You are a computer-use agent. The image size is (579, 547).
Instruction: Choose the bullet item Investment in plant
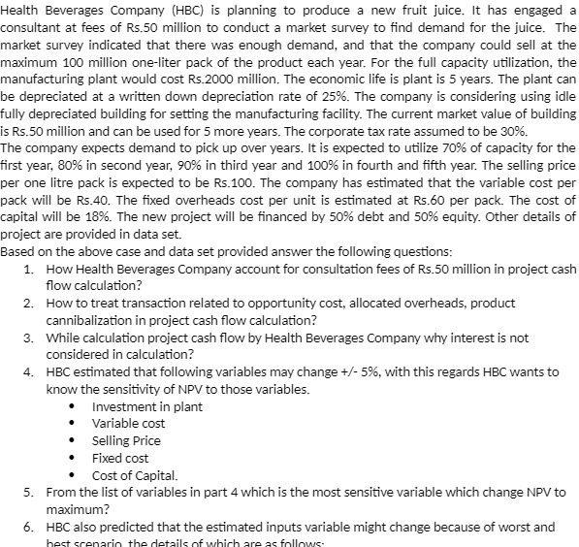(x=146, y=406)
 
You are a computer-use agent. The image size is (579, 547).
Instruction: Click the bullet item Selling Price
(x=126, y=440)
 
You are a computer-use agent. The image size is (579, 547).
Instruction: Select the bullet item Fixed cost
(x=119, y=458)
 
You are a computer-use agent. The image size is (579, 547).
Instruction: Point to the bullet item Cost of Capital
(x=135, y=475)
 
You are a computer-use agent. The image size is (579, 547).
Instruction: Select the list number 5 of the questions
(x=30, y=493)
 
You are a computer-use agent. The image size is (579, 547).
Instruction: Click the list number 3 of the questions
(x=30, y=338)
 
